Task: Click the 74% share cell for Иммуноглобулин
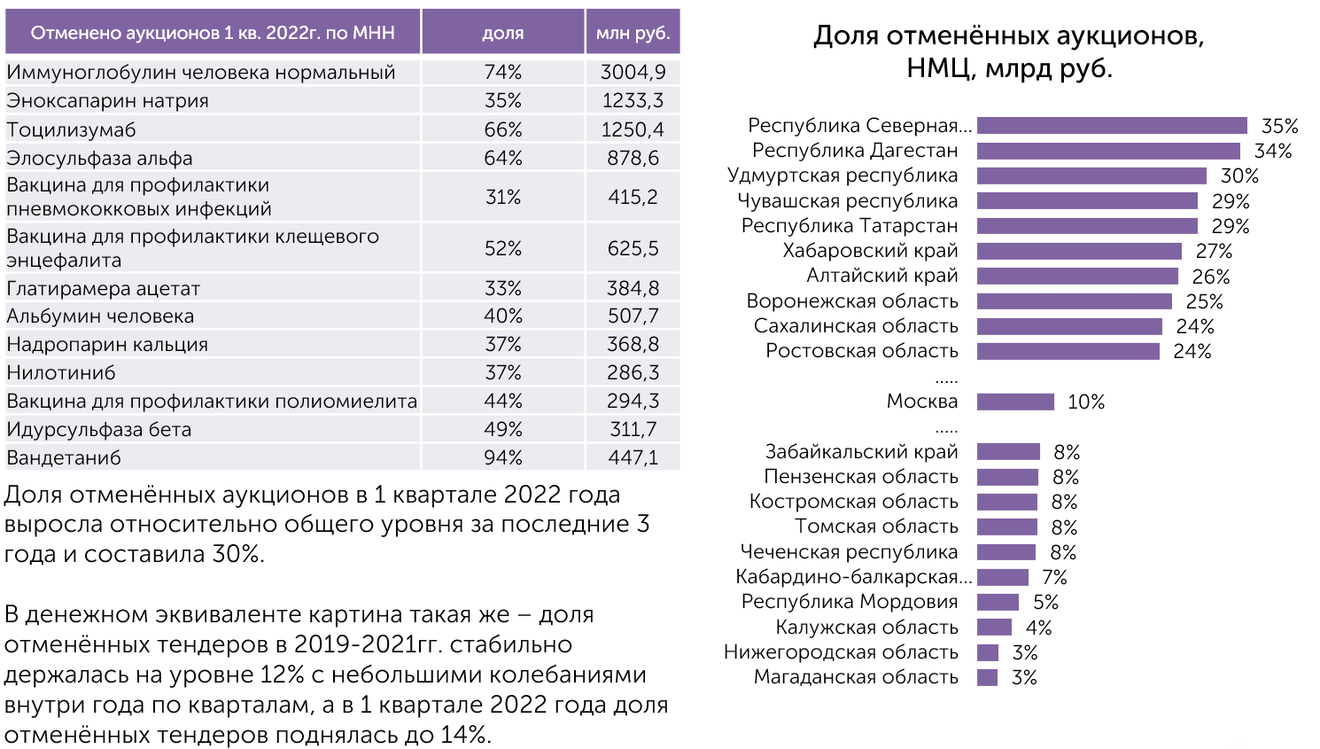(502, 72)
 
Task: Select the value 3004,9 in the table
(633, 72)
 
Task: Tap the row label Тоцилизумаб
(71, 129)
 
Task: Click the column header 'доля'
(502, 33)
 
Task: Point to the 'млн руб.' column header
(633, 33)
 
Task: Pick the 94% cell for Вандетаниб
(502, 457)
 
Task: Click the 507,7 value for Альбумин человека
(633, 316)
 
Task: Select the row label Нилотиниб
(61, 373)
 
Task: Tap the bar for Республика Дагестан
(1108, 151)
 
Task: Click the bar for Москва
(1015, 402)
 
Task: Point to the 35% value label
(1279, 126)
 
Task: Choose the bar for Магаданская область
(987, 677)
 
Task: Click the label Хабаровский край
(870, 251)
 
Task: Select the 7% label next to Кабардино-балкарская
(1054, 577)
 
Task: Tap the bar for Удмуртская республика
(1091, 176)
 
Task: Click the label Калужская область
(866, 627)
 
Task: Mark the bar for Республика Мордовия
(998, 602)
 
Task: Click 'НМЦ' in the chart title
(939, 69)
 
